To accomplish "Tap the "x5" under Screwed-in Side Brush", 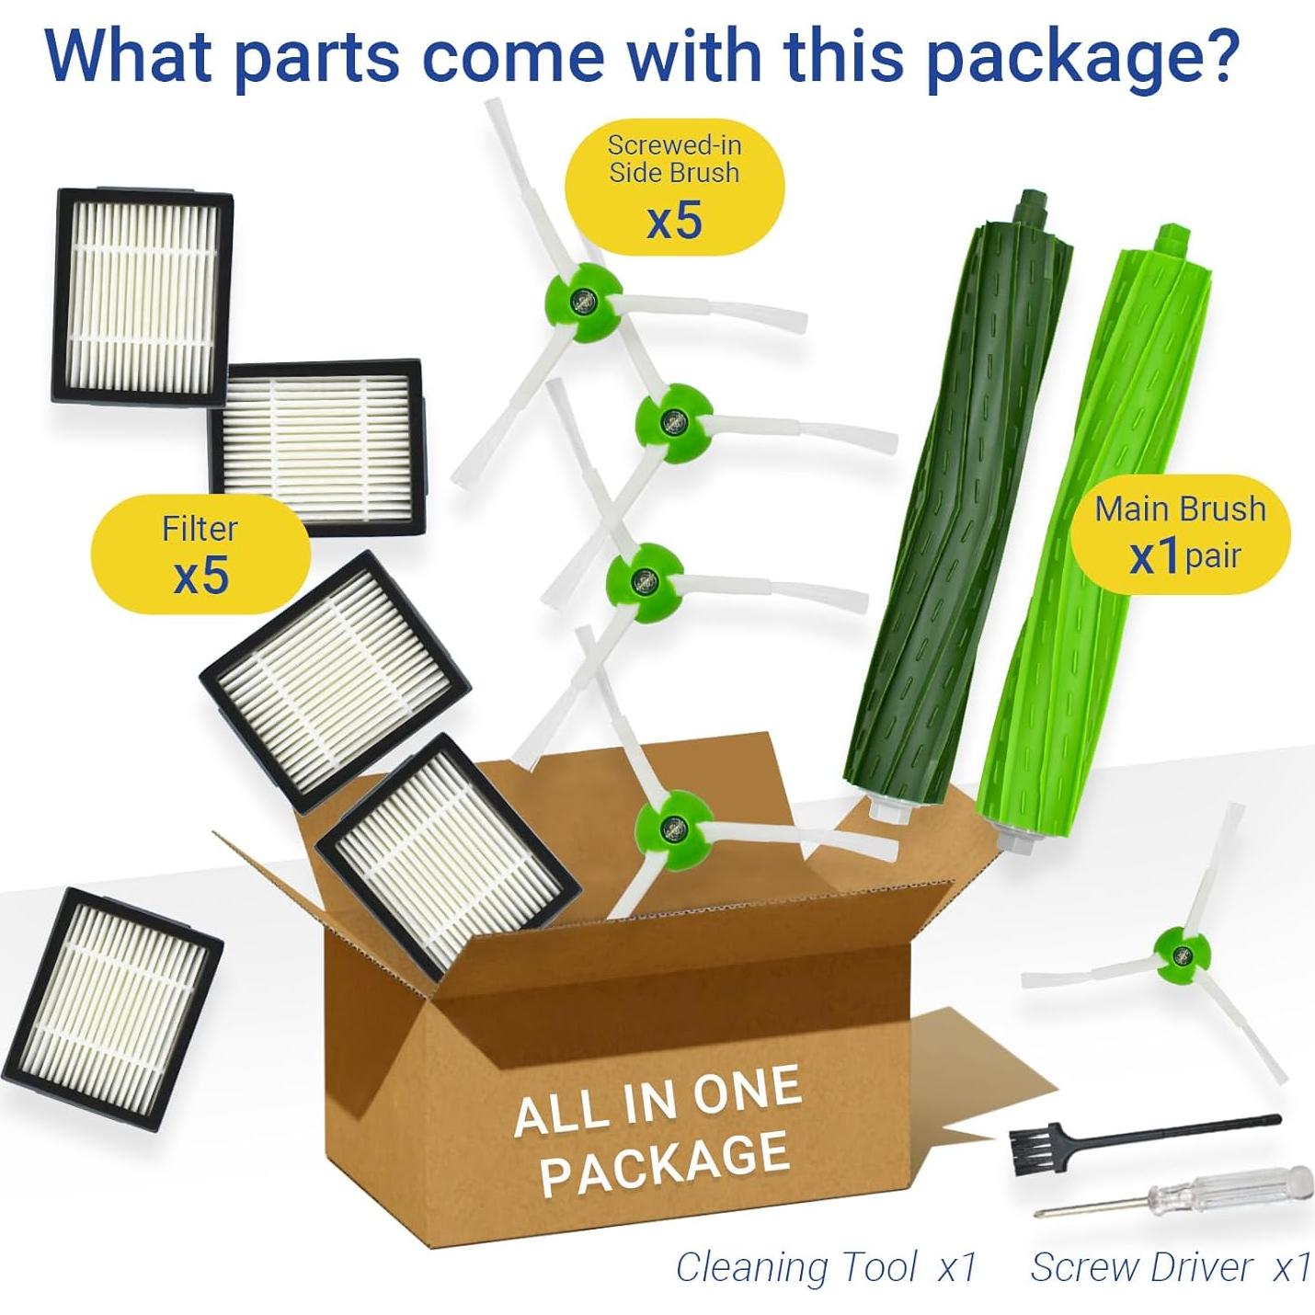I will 674,222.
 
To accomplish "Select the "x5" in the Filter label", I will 200,577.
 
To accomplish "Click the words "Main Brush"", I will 1180,509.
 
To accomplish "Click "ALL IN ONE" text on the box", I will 657,1103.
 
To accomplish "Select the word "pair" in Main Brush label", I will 1213,556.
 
